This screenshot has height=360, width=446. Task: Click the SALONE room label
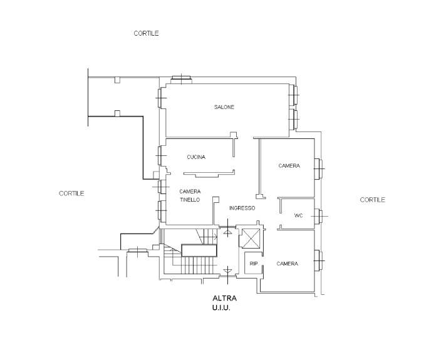click(224, 107)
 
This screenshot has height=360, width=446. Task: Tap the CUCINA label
click(196, 157)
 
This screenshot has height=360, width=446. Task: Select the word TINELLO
click(190, 200)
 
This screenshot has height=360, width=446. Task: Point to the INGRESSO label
click(242, 208)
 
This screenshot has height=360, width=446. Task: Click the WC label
click(298, 215)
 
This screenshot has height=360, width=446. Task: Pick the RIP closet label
click(254, 264)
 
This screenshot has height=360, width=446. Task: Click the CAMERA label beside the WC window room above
click(289, 165)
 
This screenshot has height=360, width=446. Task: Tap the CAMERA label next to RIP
click(288, 264)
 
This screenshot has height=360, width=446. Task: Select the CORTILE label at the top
click(146, 33)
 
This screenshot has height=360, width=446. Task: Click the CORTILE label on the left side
click(71, 193)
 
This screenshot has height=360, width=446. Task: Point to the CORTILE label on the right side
click(372, 200)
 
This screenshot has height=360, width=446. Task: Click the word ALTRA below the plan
click(225, 298)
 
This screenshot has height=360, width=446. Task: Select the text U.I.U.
click(221, 307)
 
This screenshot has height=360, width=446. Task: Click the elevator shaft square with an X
click(251, 238)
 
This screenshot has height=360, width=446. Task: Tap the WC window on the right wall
click(318, 216)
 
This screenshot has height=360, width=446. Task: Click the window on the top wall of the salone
click(181, 80)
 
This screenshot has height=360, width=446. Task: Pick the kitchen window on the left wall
click(161, 155)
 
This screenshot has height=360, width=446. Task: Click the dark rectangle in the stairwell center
click(199, 250)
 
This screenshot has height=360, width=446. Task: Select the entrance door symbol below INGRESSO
click(227, 227)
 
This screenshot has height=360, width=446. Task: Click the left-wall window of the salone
click(161, 98)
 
